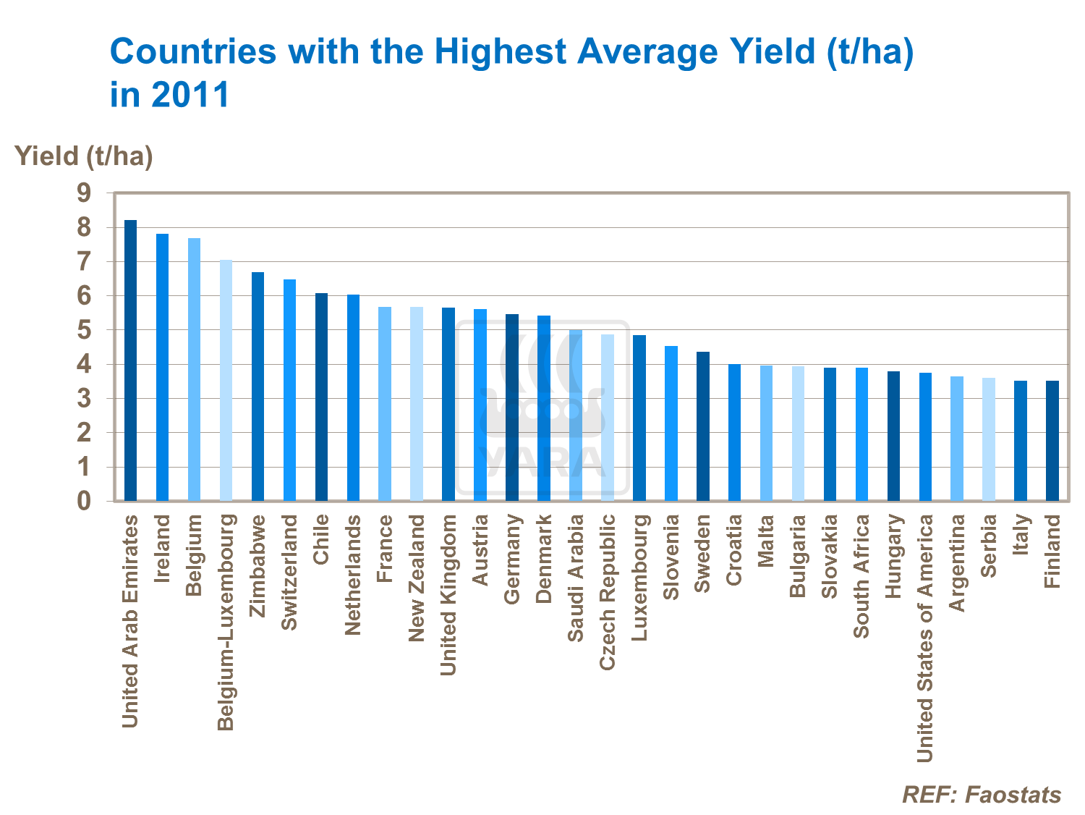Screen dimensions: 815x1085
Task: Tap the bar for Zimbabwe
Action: click(258, 387)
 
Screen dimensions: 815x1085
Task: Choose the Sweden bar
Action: click(702, 426)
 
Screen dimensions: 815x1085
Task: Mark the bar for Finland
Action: click(1052, 441)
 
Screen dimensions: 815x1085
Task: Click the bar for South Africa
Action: click(861, 434)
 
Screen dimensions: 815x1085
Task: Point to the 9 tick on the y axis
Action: click(85, 193)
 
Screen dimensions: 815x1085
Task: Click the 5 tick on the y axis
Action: click(85, 330)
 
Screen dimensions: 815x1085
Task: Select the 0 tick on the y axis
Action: click(85, 501)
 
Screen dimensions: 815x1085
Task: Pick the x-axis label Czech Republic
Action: click(608, 591)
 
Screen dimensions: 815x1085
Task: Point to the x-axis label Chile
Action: click(321, 539)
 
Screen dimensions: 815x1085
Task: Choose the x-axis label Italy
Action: click(1021, 534)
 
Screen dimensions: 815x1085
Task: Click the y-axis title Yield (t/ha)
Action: click(84, 156)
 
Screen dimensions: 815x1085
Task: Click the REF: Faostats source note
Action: click(982, 795)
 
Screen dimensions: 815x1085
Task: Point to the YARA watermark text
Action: click(542, 462)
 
